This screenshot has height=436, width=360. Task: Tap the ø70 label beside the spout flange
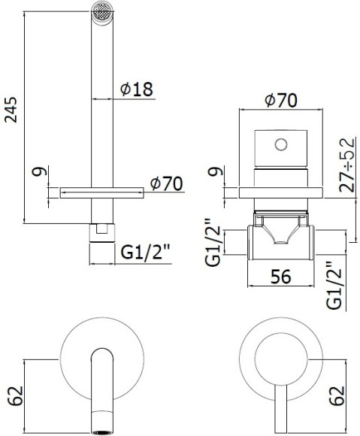pos(168,182)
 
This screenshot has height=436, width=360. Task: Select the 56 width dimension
pos(280,277)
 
